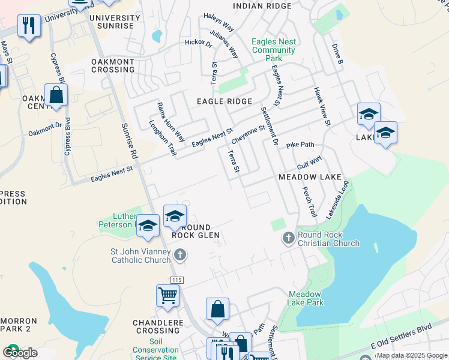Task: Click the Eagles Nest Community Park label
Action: (273, 50)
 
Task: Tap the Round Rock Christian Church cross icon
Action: (288, 238)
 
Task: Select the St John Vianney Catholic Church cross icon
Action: (179, 256)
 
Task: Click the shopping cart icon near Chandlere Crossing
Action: (167, 295)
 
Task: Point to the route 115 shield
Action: (176, 280)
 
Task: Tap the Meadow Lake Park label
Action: (306, 298)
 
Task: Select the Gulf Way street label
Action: (309, 162)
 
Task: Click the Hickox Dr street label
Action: (199, 43)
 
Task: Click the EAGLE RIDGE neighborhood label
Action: (224, 102)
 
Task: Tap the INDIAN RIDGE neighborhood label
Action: (262, 6)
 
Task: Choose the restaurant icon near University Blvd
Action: (29, 26)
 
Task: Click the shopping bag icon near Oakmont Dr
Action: (56, 95)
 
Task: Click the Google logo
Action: (20, 353)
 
